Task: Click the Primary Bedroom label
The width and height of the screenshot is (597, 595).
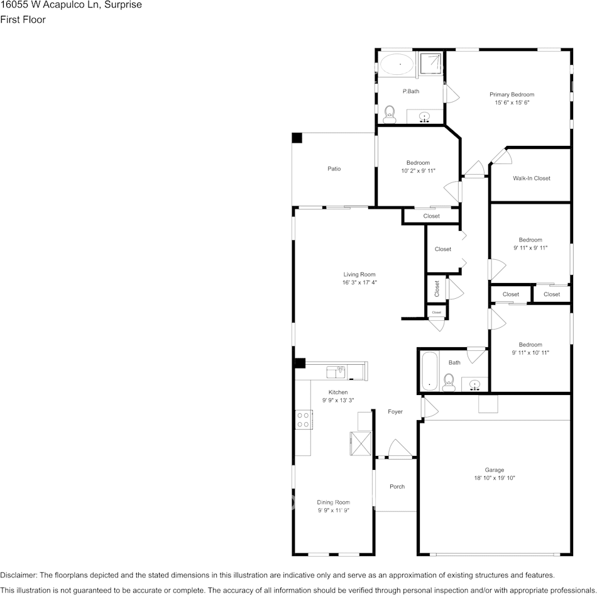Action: [512, 94]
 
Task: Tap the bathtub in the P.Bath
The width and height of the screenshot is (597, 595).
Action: [397, 64]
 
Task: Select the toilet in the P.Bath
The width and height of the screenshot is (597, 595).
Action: [390, 113]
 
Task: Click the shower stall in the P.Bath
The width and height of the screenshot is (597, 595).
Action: [430, 64]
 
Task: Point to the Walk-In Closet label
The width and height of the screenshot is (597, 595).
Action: [531, 178]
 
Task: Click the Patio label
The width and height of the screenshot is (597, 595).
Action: [334, 169]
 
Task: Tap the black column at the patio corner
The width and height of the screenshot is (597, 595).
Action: [297, 138]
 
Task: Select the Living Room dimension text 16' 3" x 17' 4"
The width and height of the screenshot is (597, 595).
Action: [359, 283]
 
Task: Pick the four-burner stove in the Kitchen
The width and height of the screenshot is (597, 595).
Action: [303, 419]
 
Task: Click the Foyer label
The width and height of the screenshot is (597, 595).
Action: [395, 412]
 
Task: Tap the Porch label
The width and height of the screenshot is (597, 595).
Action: [397, 486]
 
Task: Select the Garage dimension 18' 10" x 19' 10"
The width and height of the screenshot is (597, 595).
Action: [494, 479]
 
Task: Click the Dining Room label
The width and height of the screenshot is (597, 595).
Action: [333, 502]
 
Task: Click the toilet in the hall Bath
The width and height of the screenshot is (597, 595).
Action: [449, 381]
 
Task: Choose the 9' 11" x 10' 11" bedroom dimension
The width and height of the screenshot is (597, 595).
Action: [530, 353]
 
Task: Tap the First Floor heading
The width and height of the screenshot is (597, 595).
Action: [23, 19]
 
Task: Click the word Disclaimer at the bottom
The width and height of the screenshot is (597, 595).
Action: [18, 575]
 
